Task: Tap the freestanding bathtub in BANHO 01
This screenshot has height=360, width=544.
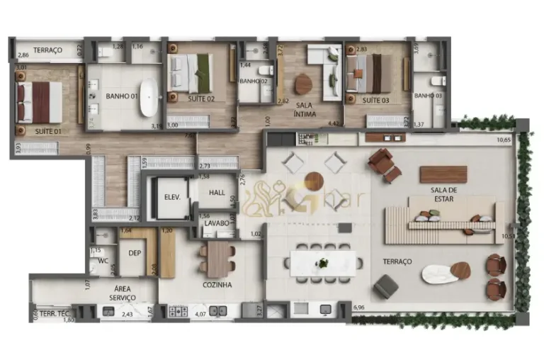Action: point(149,97)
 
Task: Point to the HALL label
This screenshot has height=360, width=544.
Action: point(218,192)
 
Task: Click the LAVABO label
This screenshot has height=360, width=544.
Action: point(216,223)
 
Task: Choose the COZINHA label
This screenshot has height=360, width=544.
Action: point(217,285)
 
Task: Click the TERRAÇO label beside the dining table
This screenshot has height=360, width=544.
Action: point(397,261)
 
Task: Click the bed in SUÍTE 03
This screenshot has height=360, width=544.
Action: point(369,74)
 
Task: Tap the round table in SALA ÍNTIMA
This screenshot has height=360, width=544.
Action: point(303,84)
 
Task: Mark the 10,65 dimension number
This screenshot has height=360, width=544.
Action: point(504,140)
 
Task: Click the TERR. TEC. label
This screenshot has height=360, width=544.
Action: point(52,313)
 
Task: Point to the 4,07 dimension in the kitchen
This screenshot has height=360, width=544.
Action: point(200,313)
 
